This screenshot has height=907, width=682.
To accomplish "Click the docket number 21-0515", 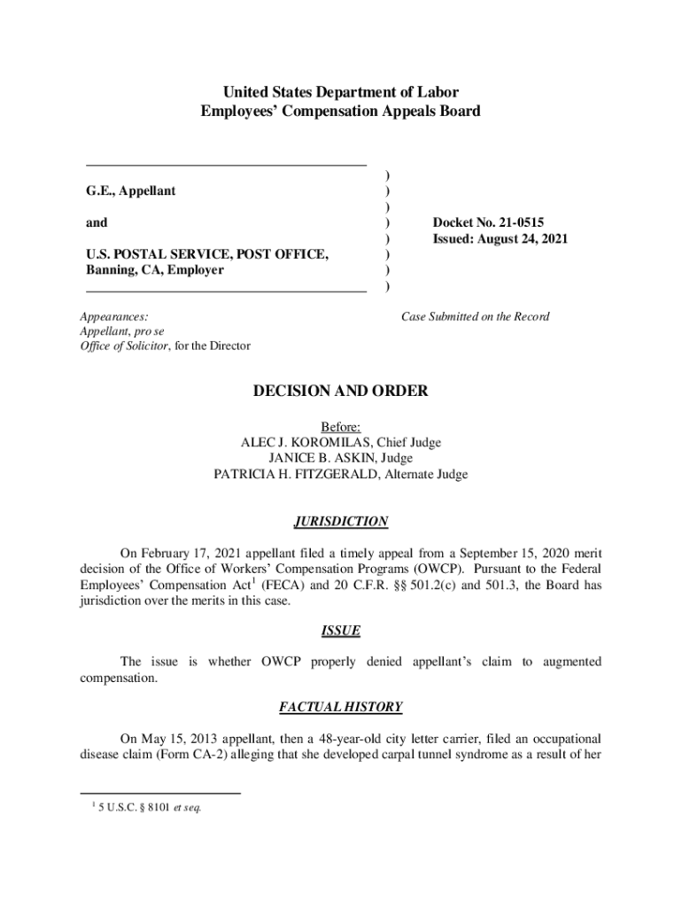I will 513,222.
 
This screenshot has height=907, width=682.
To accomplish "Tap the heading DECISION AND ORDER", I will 340,391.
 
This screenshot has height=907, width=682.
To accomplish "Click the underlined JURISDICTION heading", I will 340,522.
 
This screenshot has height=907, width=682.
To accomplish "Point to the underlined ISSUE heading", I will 340,631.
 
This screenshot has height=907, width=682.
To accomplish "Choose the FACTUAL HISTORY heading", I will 340,707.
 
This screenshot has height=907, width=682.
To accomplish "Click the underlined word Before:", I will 340,427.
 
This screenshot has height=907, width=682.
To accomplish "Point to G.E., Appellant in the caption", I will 130,190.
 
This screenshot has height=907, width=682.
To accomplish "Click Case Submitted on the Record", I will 475,316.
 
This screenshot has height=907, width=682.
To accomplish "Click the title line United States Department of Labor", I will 340,92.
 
